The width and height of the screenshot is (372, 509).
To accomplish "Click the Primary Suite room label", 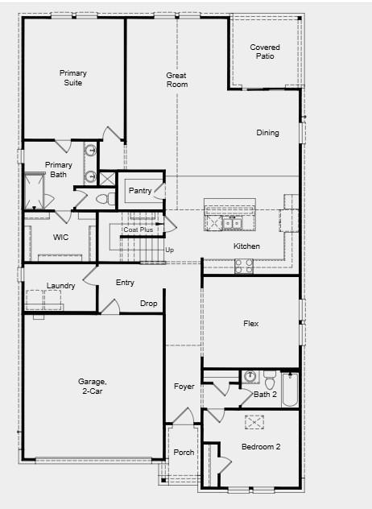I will pyautogui.click(x=72, y=77).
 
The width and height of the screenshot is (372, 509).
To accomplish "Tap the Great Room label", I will pyautogui.click(x=176, y=80).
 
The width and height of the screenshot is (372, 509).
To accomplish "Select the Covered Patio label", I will pyautogui.click(x=265, y=52).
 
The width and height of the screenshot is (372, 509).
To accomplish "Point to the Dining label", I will pyautogui.click(x=267, y=133).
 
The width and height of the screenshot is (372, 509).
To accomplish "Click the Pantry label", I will pyautogui.click(x=139, y=191).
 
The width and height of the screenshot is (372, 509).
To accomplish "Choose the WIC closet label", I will pyautogui.click(x=61, y=238).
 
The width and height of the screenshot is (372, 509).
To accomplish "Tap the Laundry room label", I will pyautogui.click(x=61, y=286).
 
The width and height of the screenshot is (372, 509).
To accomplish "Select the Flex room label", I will pyautogui.click(x=251, y=325).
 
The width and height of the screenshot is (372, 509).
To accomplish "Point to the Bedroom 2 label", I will pyautogui.click(x=261, y=447).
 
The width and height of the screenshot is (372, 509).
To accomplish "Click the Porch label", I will pyautogui.click(x=184, y=453).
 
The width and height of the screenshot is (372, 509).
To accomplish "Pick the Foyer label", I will pyautogui.click(x=184, y=387).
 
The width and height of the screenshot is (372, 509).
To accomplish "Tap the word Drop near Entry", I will pyautogui.click(x=149, y=304).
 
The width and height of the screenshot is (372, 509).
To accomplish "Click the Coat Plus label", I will pyautogui.click(x=138, y=230).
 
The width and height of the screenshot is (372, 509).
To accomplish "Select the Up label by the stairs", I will pyautogui.click(x=169, y=250).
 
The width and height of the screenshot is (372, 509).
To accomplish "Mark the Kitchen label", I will pyautogui.click(x=246, y=246).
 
